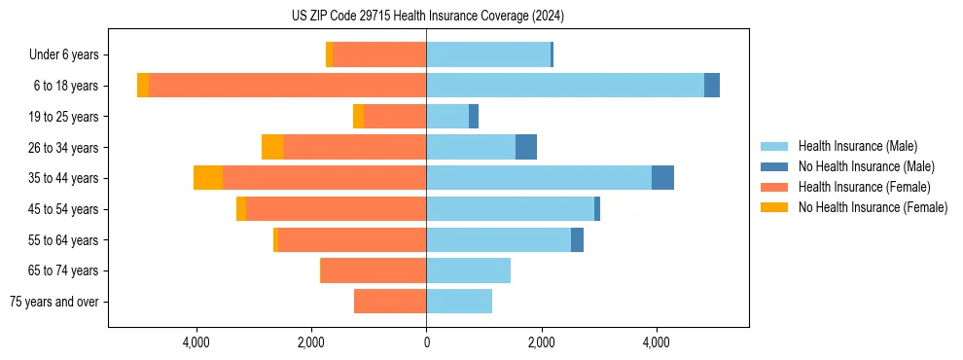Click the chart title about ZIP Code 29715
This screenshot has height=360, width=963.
pos(427,17)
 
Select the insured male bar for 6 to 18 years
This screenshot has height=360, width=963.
pos(564,86)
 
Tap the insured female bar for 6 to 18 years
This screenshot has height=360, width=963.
pos(287,86)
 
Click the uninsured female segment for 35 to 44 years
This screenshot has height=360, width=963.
pos(208,178)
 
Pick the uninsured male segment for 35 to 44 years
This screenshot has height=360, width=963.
pos(662,178)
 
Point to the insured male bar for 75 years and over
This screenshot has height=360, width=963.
pos(459,302)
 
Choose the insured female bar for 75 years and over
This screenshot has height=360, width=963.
pos(390,302)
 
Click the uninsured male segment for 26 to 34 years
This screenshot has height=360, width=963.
pos(526,147)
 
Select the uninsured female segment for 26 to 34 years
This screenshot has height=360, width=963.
pos(272,147)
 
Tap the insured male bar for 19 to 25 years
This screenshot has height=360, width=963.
pos(447,117)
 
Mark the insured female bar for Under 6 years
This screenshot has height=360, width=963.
pos(379,54)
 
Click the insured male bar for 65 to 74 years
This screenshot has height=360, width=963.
pos(468,270)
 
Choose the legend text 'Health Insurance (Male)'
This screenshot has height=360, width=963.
pos(857,146)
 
